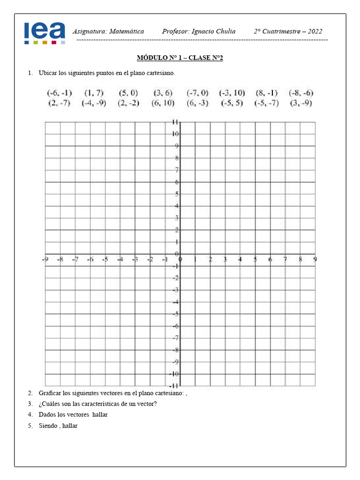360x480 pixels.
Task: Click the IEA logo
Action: point(45,33)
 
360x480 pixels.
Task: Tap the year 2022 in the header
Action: point(313,31)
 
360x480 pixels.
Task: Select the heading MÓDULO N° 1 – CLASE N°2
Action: point(180,58)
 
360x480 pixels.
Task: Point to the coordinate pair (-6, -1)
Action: point(59,93)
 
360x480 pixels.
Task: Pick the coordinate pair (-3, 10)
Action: point(232,93)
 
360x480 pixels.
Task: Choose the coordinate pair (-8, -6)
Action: point(301,93)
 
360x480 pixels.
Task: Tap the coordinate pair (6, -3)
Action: point(197,103)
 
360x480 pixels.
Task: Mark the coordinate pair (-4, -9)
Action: point(94,103)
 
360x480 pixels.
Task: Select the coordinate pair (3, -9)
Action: point(301,103)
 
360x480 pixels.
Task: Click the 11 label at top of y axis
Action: point(174,122)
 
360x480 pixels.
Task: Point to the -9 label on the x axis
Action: point(45,259)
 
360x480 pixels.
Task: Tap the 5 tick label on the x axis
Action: point(255,259)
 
